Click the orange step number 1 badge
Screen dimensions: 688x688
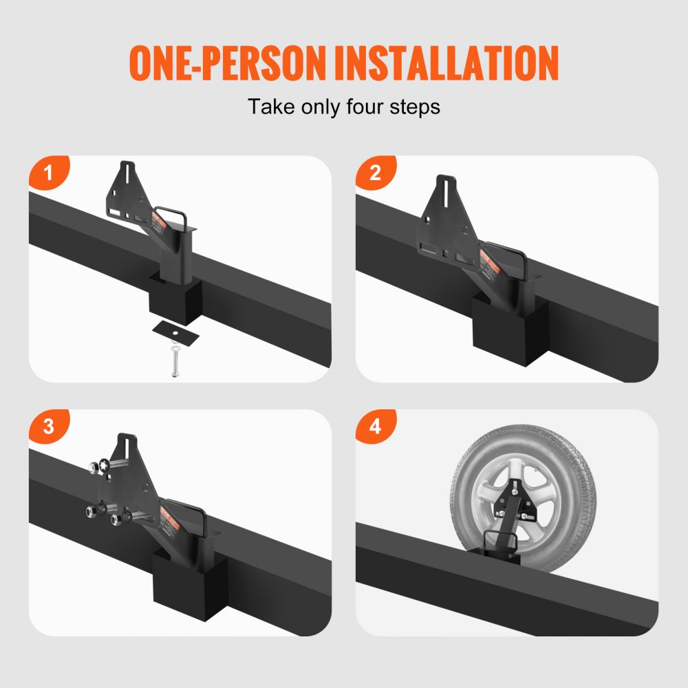(x=47, y=173)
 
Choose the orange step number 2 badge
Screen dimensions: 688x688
(x=375, y=173)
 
